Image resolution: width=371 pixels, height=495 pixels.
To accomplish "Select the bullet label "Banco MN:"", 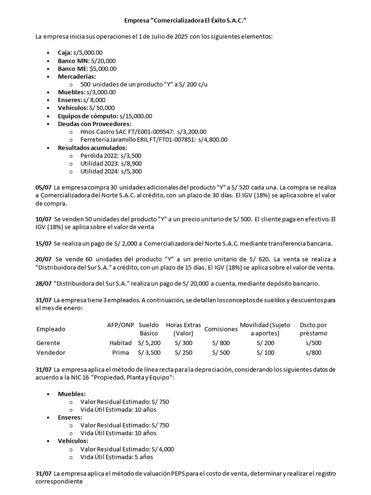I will pyautogui.click(x=70, y=61).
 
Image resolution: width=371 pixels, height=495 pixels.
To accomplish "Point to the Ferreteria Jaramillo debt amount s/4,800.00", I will pyautogui.click(x=213, y=139).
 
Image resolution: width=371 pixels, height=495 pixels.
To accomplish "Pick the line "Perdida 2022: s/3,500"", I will pyautogui.click(x=111, y=156).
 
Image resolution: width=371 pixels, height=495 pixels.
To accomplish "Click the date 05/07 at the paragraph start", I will pyautogui.click(x=44, y=187).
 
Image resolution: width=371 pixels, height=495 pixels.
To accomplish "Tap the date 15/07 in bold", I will pyautogui.click(x=44, y=243).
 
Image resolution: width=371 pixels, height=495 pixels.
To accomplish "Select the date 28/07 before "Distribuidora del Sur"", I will pyautogui.click(x=44, y=283).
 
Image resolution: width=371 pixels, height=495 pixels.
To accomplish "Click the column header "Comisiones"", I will pyautogui.click(x=221, y=329).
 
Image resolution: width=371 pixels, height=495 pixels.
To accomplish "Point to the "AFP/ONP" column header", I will pyautogui.click(x=120, y=325).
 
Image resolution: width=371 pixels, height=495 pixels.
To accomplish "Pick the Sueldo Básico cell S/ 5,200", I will pyautogui.click(x=149, y=343).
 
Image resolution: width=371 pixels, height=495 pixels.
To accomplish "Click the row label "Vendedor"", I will pyautogui.click(x=51, y=352).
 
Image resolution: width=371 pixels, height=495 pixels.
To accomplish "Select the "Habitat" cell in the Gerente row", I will pyautogui.click(x=120, y=343).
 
